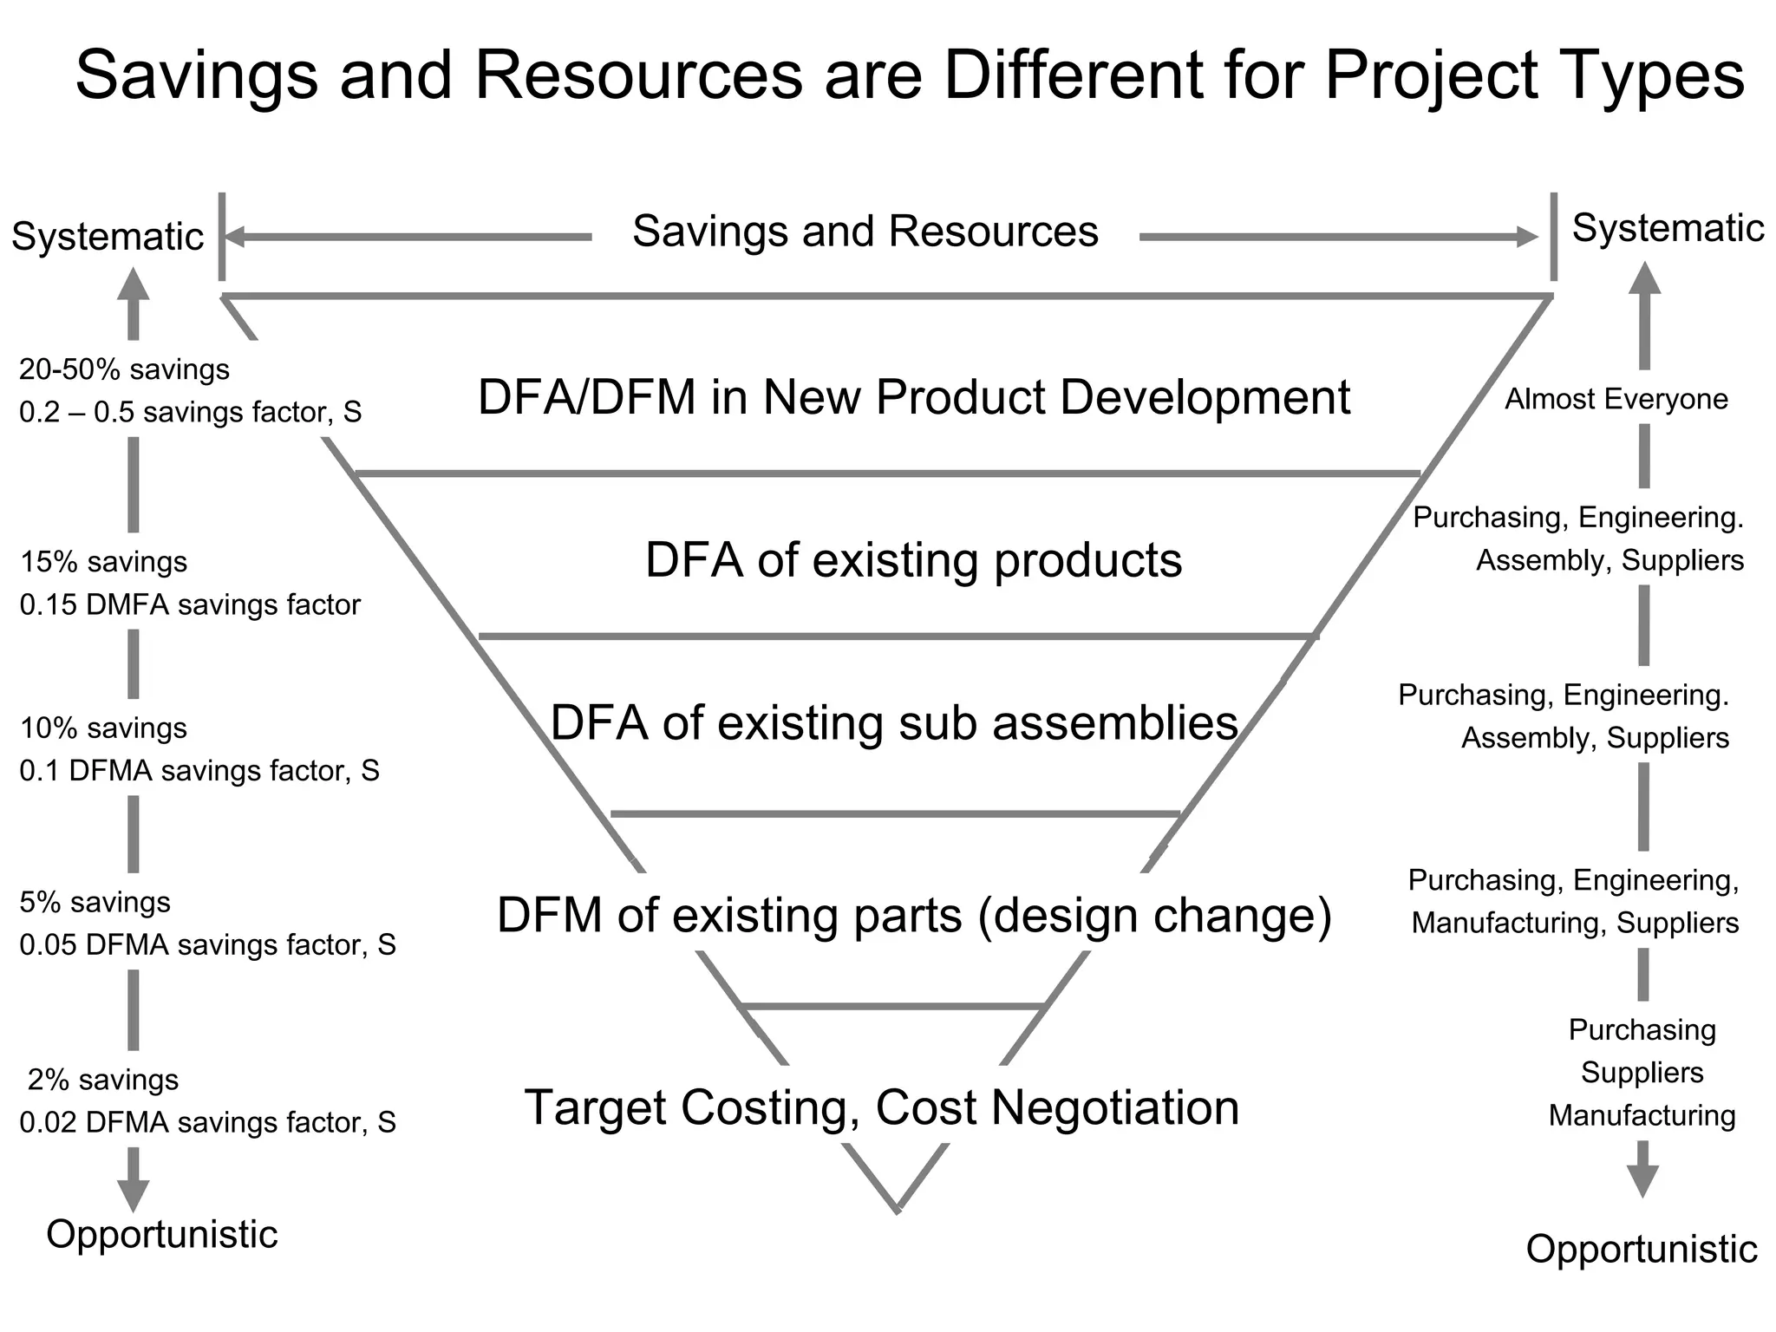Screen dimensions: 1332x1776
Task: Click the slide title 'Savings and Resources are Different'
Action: pyautogui.click(x=909, y=75)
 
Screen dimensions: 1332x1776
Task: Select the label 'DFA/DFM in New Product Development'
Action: pyautogui.click(x=913, y=397)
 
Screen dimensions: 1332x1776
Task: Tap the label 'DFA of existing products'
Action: pyautogui.click(x=913, y=560)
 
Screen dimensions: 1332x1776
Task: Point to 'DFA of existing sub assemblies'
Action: pyautogui.click(x=894, y=722)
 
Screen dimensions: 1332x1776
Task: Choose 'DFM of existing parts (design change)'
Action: pyautogui.click(x=914, y=915)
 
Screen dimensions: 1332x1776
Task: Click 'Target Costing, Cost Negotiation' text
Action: pyautogui.click(x=882, y=1107)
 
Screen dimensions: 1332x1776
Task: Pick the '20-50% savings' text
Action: pyautogui.click(x=124, y=369)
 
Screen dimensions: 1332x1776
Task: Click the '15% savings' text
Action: pyautogui.click(x=103, y=562)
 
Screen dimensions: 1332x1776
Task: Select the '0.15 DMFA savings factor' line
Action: pyautogui.click(x=190, y=604)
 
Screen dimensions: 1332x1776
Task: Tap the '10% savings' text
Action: pyautogui.click(x=103, y=728)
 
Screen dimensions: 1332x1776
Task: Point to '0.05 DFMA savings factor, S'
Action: pyautogui.click(x=207, y=944)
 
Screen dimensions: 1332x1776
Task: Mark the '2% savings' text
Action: pyautogui.click(x=103, y=1080)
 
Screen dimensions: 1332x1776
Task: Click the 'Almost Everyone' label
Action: pyautogui.click(x=1616, y=399)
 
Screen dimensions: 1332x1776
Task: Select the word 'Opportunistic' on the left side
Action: pyautogui.click(x=162, y=1234)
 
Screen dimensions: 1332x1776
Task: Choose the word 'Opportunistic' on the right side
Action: pyautogui.click(x=1642, y=1250)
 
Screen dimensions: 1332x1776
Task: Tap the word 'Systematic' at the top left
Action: pyautogui.click(x=108, y=237)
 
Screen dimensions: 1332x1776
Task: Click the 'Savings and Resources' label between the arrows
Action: pyautogui.click(x=865, y=232)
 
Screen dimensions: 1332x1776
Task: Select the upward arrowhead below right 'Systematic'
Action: pyautogui.click(x=1644, y=279)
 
